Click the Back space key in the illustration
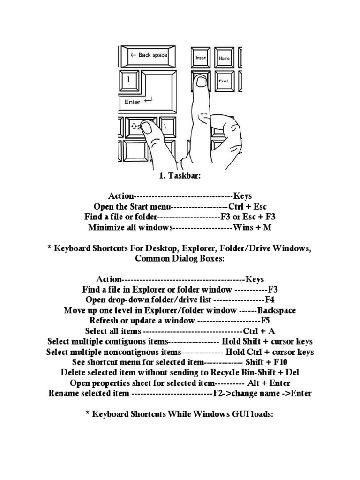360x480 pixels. point(147,56)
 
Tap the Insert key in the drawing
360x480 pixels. point(201,58)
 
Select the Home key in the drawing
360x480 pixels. point(224,58)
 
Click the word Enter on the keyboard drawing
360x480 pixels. point(133,101)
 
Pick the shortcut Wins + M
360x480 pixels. point(252,227)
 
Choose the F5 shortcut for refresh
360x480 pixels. point(265,321)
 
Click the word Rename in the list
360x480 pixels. point(64,393)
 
